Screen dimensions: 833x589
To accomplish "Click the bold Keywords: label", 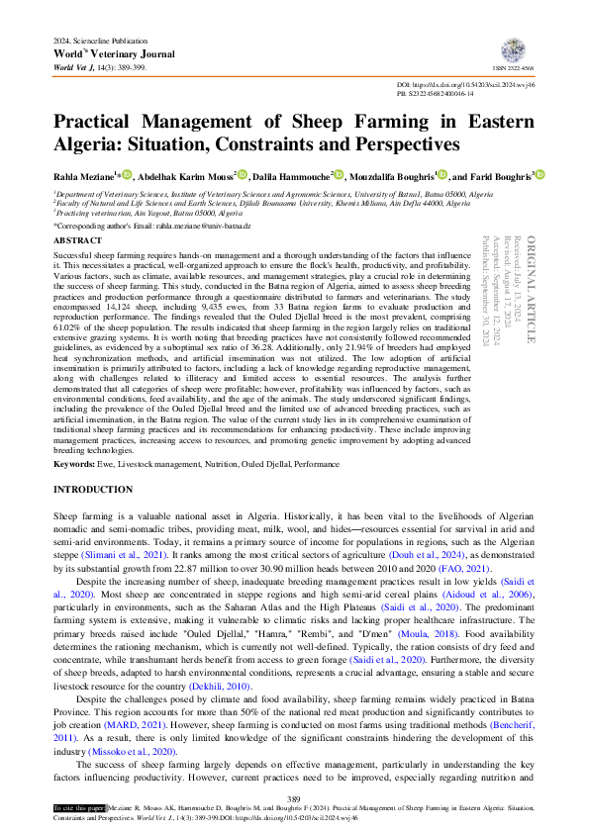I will coord(74,464).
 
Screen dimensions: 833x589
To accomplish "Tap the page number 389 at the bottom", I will coord(293,799).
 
